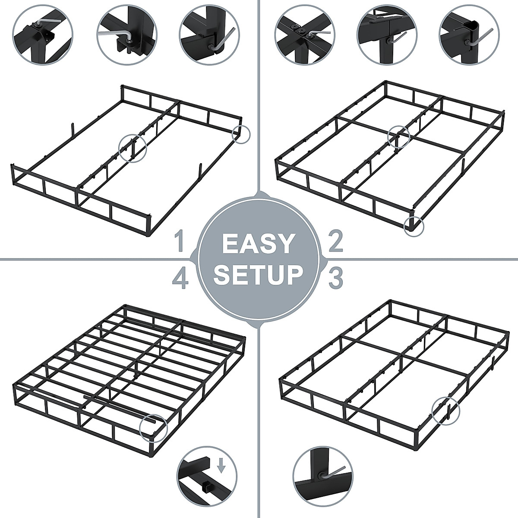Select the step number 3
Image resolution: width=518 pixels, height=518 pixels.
(335, 278)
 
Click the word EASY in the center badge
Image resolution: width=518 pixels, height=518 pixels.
(258, 244)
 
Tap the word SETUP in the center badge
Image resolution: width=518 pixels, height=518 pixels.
(259, 275)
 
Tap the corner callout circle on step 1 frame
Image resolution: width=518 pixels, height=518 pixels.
(241, 133)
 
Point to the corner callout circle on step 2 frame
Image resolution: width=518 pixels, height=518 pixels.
(414, 225)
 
